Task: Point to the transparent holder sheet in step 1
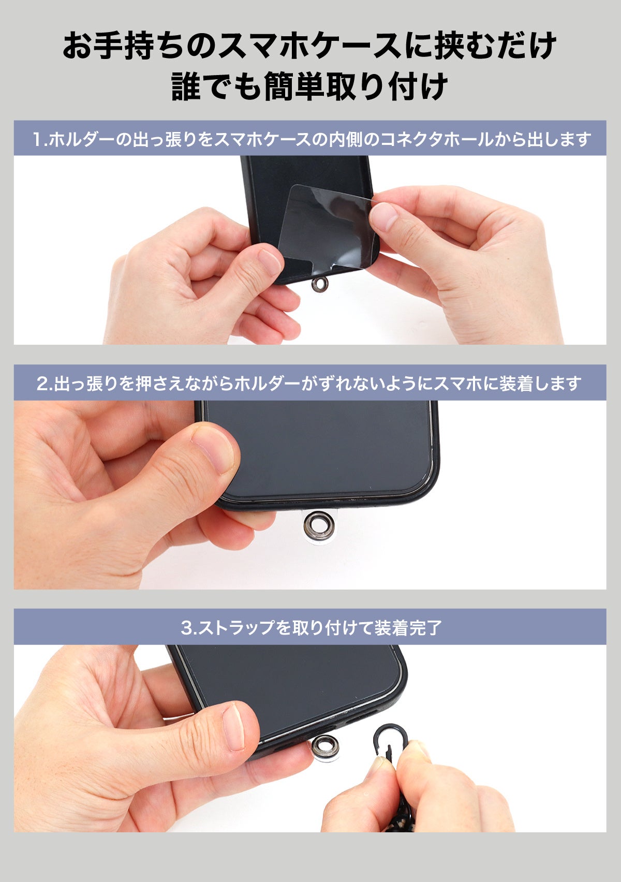click(x=325, y=226)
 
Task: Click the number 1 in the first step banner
click(x=37, y=139)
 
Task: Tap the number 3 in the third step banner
click(x=186, y=627)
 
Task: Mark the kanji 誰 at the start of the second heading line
click(x=186, y=86)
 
